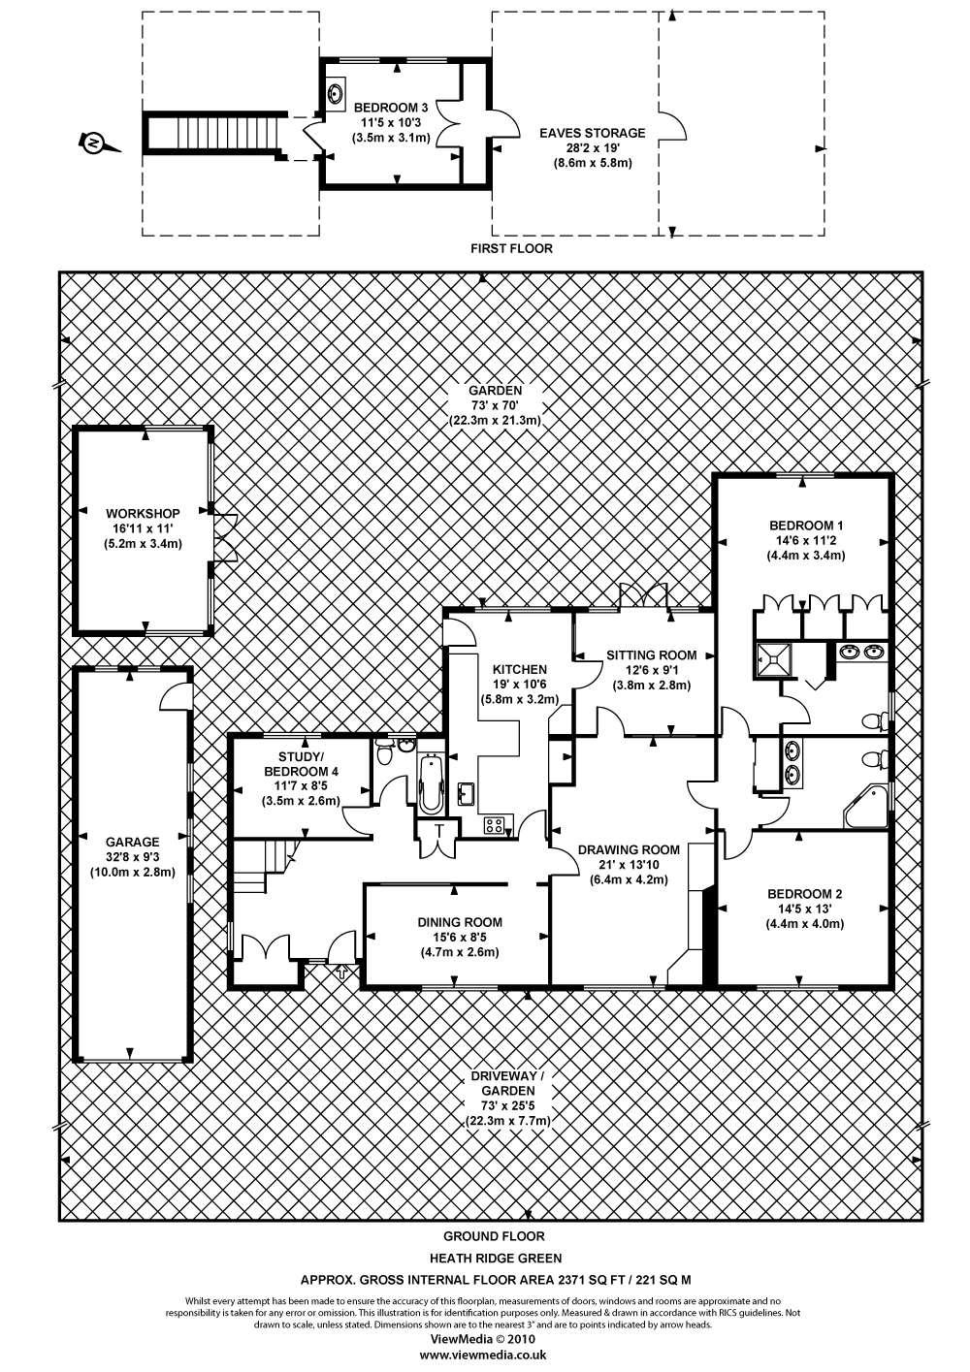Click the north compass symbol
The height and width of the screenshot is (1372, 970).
[95, 144]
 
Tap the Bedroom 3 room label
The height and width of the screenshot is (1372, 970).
[390, 108]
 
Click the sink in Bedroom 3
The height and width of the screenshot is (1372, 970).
[337, 93]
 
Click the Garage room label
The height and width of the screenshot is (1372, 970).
[133, 843]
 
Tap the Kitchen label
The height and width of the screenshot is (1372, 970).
[519, 669]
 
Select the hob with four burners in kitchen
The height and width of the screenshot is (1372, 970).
[496, 825]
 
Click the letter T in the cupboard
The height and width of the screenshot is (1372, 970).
[438, 831]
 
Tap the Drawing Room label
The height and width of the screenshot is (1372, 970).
[630, 850]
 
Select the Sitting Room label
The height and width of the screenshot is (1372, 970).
[652, 655]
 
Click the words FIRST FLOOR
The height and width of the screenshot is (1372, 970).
[511, 248]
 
